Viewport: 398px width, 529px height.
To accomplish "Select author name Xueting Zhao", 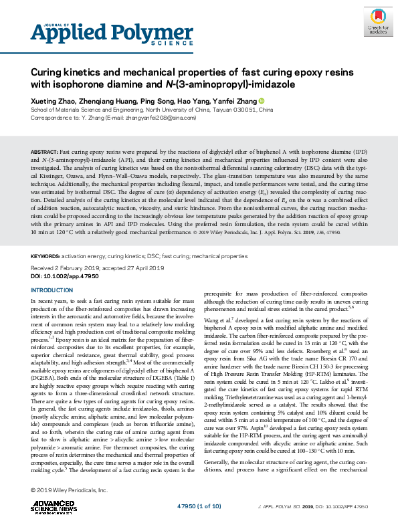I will pyautogui.click(x=53, y=100).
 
